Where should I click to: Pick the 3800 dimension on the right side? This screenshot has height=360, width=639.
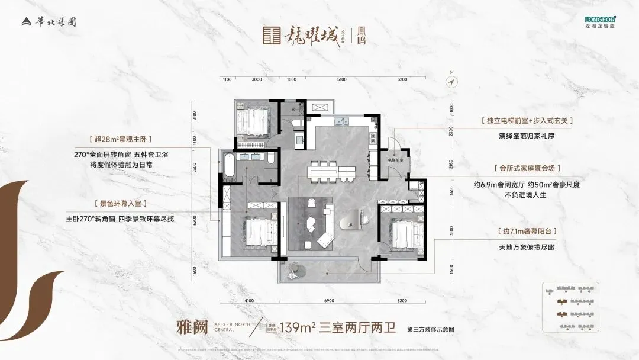pos(451,232)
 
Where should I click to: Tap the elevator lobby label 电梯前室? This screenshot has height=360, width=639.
pos(396,160)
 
